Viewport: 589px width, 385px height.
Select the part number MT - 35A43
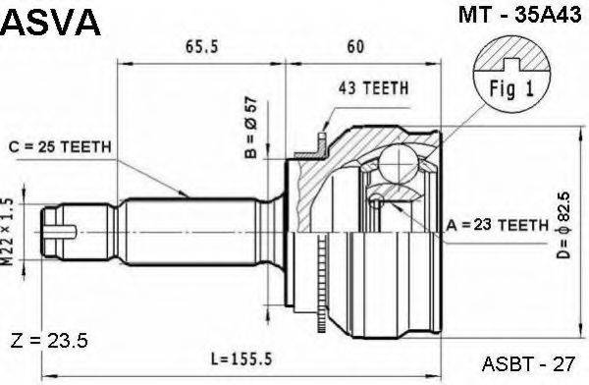519,15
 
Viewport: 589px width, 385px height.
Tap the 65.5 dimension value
201,46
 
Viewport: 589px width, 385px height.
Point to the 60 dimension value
355,46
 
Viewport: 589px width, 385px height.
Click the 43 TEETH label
373,88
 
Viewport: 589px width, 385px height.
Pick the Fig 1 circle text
511,88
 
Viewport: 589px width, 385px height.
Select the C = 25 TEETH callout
60,146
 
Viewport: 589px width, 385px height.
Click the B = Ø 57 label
250,128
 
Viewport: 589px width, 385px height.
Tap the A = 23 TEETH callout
498,225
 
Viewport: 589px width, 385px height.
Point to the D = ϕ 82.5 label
563,225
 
